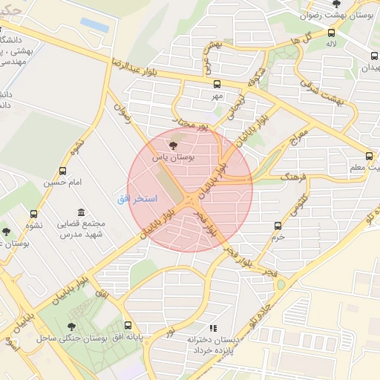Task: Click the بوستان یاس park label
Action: point(173,158)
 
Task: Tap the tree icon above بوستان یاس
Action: point(174,146)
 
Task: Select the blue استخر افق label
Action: point(135,199)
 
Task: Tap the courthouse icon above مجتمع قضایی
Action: point(80,213)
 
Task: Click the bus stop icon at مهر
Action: point(217,85)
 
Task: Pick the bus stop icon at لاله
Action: point(331,32)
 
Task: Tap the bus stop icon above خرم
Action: point(278,226)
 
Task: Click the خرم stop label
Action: point(278,237)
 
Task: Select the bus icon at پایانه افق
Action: point(128,325)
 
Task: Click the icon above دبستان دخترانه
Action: point(213,327)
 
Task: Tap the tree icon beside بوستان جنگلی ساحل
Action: point(72,326)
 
